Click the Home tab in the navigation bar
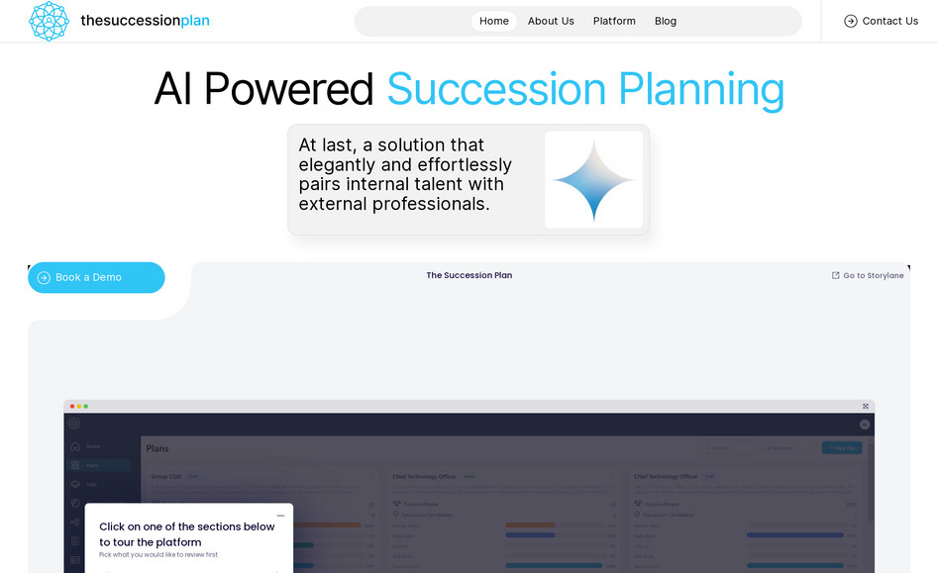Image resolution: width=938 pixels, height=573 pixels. click(493, 21)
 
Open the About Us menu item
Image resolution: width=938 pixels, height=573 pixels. click(551, 21)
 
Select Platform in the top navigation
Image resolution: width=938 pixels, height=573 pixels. click(614, 21)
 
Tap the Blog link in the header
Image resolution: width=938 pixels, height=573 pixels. click(666, 21)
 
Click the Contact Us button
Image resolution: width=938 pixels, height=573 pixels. click(881, 21)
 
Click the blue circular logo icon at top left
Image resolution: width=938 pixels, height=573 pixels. click(49, 21)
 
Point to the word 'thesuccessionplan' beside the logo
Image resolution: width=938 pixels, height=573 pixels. click(145, 21)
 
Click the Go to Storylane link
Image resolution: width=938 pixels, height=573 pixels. click(868, 276)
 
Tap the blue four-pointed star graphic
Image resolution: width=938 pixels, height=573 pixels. click(593, 180)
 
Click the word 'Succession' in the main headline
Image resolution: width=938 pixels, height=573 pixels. click(496, 89)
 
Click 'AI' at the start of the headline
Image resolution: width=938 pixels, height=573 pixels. click(173, 89)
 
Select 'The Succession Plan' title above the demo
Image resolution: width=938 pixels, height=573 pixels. click(469, 275)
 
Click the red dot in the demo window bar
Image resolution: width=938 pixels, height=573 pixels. click(72, 406)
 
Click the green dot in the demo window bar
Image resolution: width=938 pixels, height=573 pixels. click(86, 406)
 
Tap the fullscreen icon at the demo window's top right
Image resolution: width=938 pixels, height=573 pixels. click(866, 406)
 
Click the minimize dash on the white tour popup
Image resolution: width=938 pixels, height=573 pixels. click(280, 516)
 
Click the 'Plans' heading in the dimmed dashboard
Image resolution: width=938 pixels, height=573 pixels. click(157, 448)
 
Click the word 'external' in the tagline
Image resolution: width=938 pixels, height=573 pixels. click(333, 204)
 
